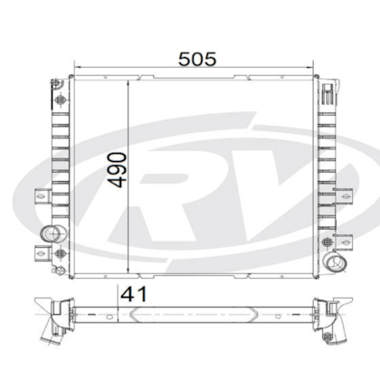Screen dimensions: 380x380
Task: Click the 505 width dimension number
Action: click(197, 60)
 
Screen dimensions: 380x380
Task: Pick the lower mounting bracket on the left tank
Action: click(43, 252)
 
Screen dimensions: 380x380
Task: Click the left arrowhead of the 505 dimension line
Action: click(76, 69)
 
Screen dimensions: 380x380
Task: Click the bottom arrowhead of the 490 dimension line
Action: click(132, 273)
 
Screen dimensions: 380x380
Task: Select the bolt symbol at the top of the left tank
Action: click(61, 100)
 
